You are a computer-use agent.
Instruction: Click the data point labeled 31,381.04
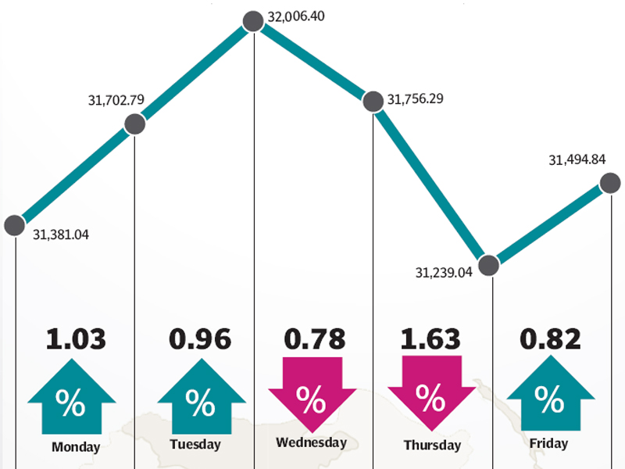14,225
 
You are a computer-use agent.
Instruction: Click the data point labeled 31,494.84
610,183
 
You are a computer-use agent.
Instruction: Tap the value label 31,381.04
61,234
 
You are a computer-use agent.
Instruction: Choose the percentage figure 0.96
200,339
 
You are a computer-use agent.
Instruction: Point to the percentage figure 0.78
312,339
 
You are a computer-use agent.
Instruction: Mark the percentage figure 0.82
550,339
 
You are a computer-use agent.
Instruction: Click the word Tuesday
195,445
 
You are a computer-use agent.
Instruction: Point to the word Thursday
430,446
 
